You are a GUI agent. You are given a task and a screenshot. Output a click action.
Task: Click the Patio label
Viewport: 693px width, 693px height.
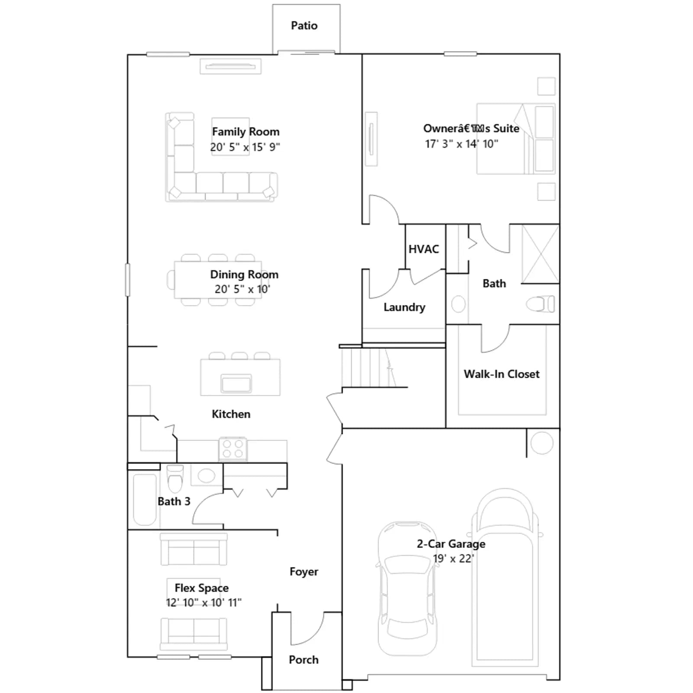[x=304, y=26]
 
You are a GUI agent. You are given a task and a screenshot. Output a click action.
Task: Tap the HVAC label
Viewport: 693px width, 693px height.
[x=424, y=249]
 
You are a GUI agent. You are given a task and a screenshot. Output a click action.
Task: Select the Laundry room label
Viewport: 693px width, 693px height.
[x=404, y=308]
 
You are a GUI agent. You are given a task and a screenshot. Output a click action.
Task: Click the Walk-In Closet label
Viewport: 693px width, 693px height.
[x=502, y=374]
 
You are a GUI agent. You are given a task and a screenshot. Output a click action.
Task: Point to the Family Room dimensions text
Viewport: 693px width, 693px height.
[x=245, y=147]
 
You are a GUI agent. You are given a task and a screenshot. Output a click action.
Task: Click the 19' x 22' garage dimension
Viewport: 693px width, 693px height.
[x=453, y=559]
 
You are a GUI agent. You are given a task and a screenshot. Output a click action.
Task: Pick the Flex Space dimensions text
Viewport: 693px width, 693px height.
[x=204, y=602]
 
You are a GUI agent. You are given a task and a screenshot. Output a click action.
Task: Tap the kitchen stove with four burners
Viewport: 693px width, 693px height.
[x=233, y=449]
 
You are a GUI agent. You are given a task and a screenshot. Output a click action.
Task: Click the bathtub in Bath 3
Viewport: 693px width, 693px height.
[x=145, y=499]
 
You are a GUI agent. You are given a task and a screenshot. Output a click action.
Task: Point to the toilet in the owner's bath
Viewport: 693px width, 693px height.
[x=540, y=304]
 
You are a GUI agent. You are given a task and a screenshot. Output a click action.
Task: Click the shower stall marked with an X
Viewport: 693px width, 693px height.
[x=541, y=254]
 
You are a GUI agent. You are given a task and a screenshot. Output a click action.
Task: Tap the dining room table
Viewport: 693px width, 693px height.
[x=218, y=280]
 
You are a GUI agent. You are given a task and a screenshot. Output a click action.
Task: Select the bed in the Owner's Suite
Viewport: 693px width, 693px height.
[x=516, y=139]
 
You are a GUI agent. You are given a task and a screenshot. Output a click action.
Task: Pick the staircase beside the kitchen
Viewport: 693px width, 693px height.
[x=368, y=368]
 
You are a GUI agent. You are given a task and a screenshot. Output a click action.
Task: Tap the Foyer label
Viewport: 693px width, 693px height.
[x=304, y=572]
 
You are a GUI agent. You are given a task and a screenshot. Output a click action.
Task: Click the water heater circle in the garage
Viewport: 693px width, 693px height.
[x=542, y=443]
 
